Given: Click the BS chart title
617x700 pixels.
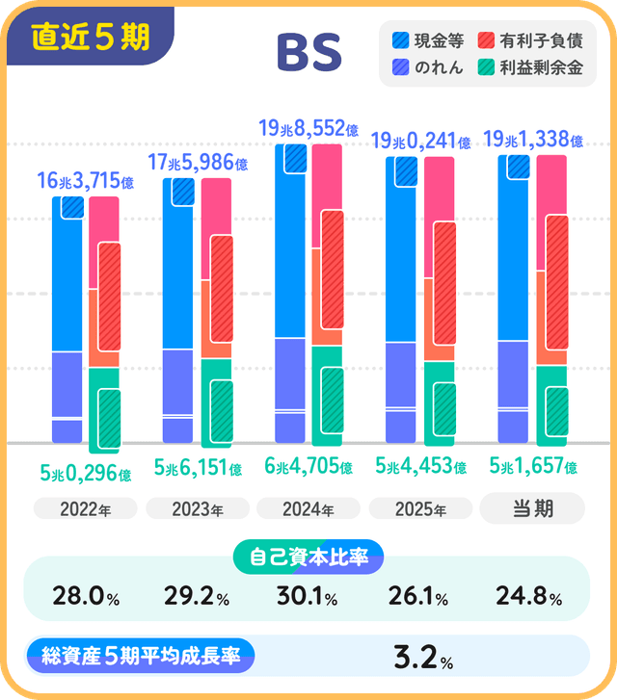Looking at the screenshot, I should coord(308,54).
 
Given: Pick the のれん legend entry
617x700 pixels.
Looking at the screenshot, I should coord(428,67).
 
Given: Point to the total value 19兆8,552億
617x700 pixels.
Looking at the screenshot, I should coord(308,127).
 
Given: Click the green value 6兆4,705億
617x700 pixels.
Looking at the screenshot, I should coord(308,467).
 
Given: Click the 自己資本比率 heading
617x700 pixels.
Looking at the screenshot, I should coord(308,556).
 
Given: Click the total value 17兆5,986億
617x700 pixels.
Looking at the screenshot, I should coord(197,164).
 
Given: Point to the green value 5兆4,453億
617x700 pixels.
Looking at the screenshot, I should coord(420,467).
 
